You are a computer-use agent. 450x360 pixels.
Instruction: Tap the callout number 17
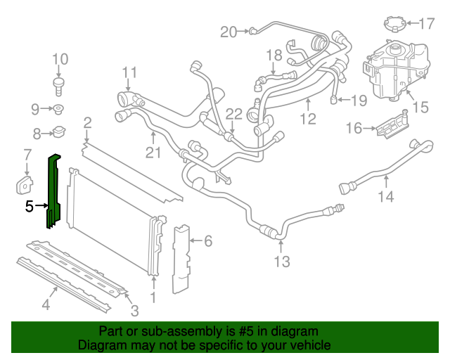427,25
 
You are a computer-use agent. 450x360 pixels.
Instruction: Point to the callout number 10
60,59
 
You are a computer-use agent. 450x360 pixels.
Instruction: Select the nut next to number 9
59,109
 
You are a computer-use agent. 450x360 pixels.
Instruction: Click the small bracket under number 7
25,184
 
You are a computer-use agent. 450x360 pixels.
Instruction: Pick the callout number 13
281,263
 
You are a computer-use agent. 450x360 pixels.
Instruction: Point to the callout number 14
386,197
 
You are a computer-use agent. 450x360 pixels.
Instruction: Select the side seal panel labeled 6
183,257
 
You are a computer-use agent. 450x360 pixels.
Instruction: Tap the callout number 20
229,31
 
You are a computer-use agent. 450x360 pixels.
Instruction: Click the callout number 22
233,113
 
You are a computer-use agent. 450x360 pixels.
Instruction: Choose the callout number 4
46,304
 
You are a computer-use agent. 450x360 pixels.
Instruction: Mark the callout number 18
274,55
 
